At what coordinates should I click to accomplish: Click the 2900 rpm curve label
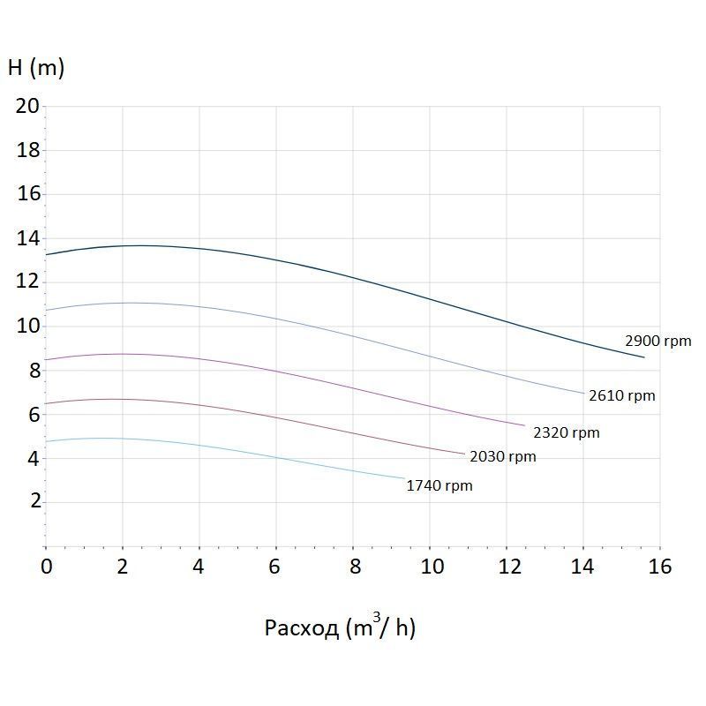point(657,342)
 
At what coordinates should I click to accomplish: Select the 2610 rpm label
point(622,396)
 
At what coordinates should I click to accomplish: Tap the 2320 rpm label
point(566,432)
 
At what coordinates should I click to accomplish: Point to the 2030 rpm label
point(502,456)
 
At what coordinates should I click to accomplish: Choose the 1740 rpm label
point(439,485)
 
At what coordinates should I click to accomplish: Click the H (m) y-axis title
point(35,67)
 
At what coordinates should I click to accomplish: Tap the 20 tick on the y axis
point(28,106)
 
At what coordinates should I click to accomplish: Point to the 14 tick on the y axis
point(28,238)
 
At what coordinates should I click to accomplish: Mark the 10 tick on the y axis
point(28,326)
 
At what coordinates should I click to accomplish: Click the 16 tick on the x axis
point(659,566)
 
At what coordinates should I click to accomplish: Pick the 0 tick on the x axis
point(47,566)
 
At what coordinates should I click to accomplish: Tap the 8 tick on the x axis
point(353,566)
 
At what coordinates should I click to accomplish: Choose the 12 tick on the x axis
point(507,566)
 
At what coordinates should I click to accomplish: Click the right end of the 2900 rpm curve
point(644,357)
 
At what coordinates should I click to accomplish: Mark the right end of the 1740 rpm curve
point(404,478)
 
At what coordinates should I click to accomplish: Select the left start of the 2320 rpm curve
point(46,359)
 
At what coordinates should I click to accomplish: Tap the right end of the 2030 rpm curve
point(465,454)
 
